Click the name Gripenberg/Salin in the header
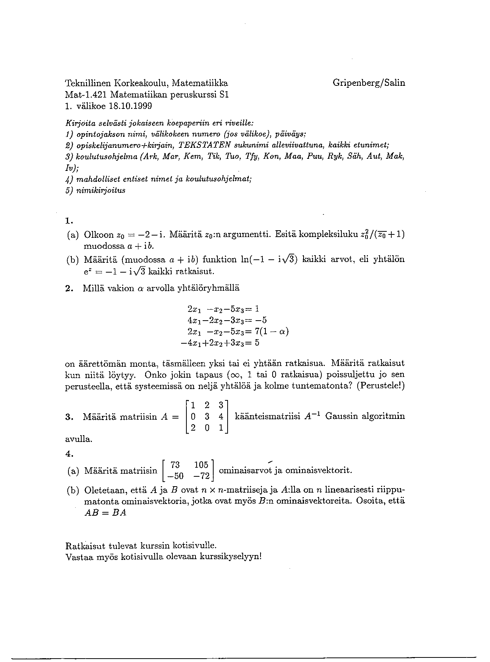tap(369, 83)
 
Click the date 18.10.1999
tap(130, 106)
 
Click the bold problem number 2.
tap(68, 288)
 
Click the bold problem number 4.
tap(68, 453)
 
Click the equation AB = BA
tap(105, 513)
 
